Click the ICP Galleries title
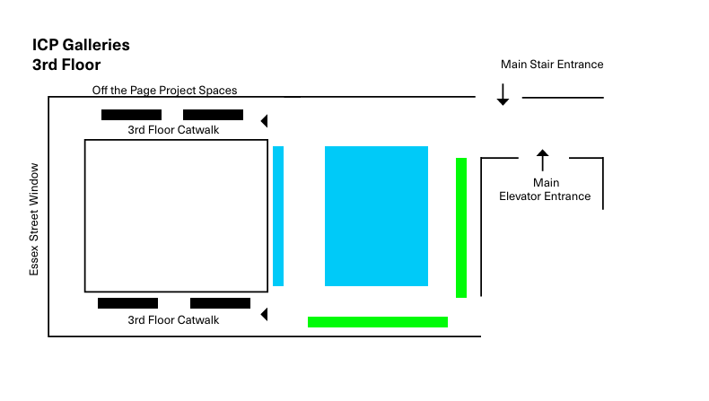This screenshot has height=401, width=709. tap(81, 45)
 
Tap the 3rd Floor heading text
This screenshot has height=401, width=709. tap(66, 65)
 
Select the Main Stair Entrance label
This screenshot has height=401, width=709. tap(552, 65)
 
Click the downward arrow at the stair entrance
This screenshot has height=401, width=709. tap(503, 95)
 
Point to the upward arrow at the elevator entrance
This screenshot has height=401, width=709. tap(541, 160)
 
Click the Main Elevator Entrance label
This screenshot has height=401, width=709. tap(545, 189)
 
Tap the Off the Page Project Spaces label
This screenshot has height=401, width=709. tap(164, 91)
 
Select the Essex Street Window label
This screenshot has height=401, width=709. tap(34, 219)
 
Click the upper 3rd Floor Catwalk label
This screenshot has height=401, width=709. tap(173, 130)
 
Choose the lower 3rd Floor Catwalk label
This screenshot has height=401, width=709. tap(173, 320)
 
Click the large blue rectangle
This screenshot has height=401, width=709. tap(377, 216)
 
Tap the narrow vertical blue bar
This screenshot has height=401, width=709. tap(278, 216)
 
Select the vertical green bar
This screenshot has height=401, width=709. tap(461, 228)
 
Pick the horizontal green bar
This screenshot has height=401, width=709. tap(378, 322)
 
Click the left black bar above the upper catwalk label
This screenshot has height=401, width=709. tap(131, 115)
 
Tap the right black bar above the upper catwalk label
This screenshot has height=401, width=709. tap(213, 115)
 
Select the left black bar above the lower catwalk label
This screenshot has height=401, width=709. tap(127, 303)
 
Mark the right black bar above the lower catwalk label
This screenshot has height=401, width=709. tap(220, 303)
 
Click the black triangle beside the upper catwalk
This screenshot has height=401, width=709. tap(264, 120)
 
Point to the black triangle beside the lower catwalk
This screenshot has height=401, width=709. tap(264, 314)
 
